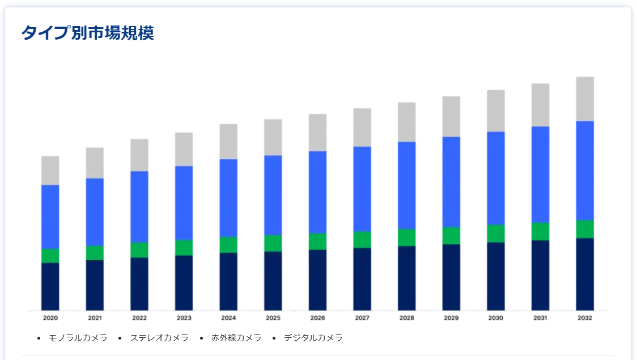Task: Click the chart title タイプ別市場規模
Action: pyautogui.click(x=87, y=33)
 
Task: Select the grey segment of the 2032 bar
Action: pyautogui.click(x=585, y=99)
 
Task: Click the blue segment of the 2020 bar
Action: pyautogui.click(x=50, y=217)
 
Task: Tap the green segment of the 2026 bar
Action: pyautogui.click(x=317, y=242)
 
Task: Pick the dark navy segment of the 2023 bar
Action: pyautogui.click(x=184, y=282)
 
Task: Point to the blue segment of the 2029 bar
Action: pyautogui.click(x=451, y=181)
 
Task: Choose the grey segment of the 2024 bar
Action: pyautogui.click(x=228, y=141)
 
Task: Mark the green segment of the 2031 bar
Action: pyautogui.click(x=540, y=231)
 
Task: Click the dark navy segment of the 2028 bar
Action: pyautogui.click(x=406, y=278)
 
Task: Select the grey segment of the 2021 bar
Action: pyautogui.click(x=95, y=163)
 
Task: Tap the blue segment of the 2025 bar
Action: pyautogui.click(x=273, y=195)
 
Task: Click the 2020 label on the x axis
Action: pyautogui.click(x=50, y=318)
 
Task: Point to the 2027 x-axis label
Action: pyautogui.click(x=362, y=318)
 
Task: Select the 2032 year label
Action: pyautogui.click(x=585, y=318)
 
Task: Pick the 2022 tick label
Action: pyautogui.click(x=139, y=318)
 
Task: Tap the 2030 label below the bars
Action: pyautogui.click(x=495, y=318)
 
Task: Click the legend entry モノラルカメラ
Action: pyautogui.click(x=78, y=338)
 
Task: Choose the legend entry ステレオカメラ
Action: pyautogui.click(x=159, y=338)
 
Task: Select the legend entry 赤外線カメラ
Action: pyautogui.click(x=236, y=338)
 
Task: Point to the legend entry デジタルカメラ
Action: pyautogui.click(x=313, y=338)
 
